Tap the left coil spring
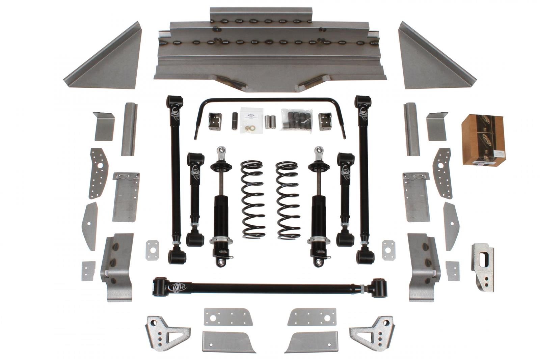coord(252,201)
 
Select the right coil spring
coord(288,201)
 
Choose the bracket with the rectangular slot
coord(483,267)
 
